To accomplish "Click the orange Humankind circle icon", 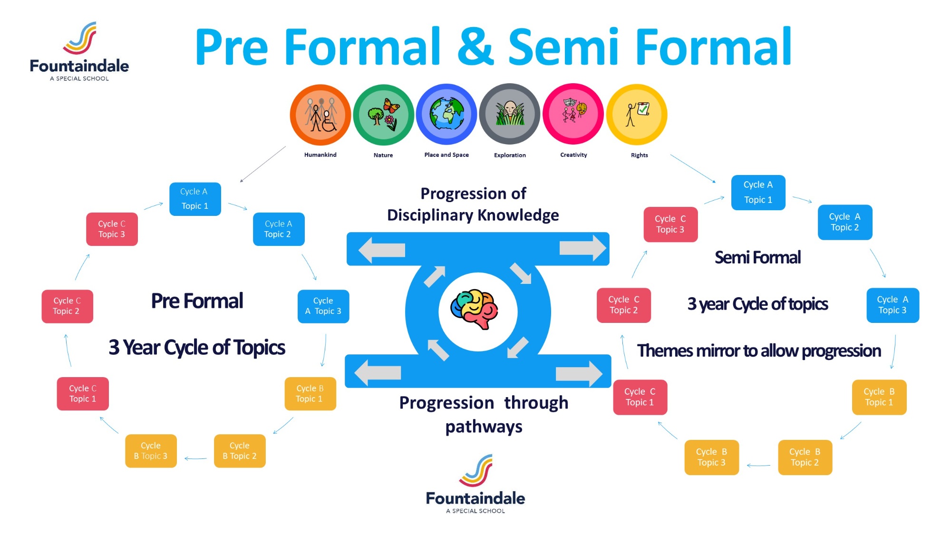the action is pos(320,115).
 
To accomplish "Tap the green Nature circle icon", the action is pos(384,115).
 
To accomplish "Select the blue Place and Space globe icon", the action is pos(446,114).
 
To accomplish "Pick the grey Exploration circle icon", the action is pos(510,114).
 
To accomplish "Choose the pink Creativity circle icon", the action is pos(573,114).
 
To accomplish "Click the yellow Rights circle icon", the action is pos(637,115).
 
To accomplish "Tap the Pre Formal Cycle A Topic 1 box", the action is pos(195,199).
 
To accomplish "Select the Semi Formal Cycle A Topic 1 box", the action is pos(758,192).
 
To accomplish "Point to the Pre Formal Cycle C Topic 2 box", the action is pos(67,306).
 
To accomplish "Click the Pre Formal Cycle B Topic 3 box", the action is pos(151,451).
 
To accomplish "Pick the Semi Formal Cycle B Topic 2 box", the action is pos(805,457).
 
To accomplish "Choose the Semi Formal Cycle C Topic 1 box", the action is pos(640,397).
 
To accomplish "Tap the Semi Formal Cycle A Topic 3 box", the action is pos(893,305).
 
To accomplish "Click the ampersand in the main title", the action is pos(475,47).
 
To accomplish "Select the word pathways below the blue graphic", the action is pos(484,427).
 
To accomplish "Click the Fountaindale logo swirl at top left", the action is pos(80,38).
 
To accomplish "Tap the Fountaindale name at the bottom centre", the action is pos(475,498).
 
